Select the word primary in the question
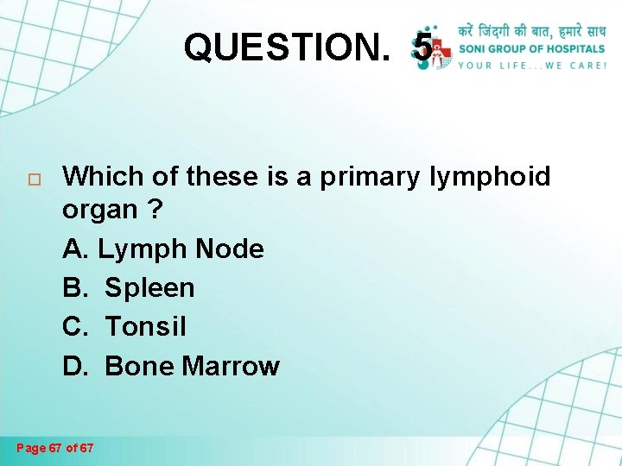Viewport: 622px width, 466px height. [370, 177]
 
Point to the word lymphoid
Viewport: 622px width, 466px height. [490, 177]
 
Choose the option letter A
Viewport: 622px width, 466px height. [75, 249]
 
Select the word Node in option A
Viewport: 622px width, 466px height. [229, 249]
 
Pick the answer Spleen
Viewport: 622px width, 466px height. [149, 288]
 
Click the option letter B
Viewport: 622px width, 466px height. [75, 288]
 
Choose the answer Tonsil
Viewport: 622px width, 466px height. [145, 327]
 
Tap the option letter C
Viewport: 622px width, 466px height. [75, 327]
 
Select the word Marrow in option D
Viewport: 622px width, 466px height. [231, 367]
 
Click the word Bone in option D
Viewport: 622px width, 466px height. [139, 367]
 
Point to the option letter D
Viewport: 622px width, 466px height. [75, 367]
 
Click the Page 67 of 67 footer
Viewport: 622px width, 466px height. [56, 448]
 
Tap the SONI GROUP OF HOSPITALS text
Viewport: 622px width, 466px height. [532, 48]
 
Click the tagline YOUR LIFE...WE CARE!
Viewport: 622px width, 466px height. [532, 65]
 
